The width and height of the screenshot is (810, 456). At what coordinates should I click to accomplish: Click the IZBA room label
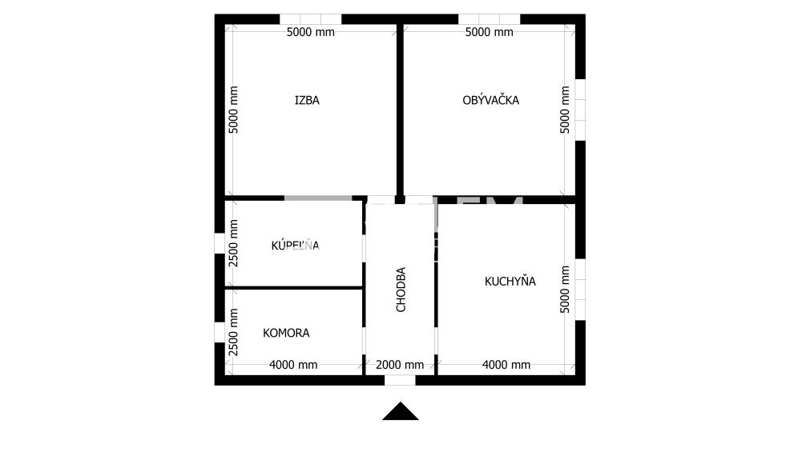point(307,101)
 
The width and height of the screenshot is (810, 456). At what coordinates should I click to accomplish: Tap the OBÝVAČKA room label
point(490,101)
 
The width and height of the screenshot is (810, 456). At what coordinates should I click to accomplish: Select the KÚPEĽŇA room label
point(295,246)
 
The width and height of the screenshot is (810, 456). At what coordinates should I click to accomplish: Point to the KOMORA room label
point(286,333)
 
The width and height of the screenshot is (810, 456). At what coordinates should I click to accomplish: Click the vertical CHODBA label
point(401,289)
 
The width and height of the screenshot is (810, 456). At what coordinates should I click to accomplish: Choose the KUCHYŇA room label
point(510,282)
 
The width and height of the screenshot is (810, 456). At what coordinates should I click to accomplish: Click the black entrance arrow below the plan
point(401,411)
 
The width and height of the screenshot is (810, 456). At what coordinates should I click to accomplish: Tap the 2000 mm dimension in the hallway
point(400,365)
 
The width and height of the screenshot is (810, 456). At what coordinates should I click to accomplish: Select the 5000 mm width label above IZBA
point(311,33)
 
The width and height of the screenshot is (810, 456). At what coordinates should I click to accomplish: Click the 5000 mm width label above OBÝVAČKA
point(489,33)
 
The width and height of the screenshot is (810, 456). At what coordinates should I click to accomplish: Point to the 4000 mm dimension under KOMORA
point(293,365)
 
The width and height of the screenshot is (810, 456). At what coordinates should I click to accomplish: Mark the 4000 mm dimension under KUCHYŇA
point(506,365)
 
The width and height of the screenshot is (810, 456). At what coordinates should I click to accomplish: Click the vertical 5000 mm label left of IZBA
point(234,110)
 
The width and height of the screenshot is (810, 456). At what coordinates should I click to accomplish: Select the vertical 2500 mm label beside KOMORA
point(234,331)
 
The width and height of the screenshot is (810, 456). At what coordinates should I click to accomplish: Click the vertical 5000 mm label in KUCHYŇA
point(566,290)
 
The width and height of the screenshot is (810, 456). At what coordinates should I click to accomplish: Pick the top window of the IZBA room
point(310,18)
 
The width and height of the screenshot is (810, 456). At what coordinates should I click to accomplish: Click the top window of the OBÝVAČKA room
point(489,18)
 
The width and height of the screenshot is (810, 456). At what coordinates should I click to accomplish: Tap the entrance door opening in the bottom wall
point(401,380)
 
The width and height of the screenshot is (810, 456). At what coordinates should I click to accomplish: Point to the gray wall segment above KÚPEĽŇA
point(318,198)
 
